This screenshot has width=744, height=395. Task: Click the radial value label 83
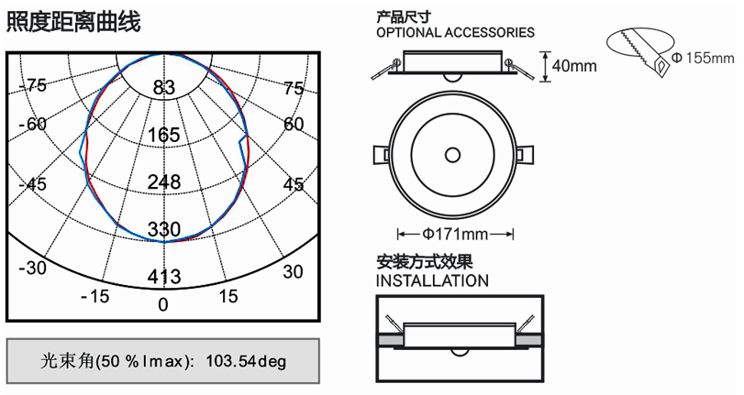tap(164, 88)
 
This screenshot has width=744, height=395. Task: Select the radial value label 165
tap(163, 135)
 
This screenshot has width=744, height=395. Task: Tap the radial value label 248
tap(164, 182)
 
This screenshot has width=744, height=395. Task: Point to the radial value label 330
tap(164, 229)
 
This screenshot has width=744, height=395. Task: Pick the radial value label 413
tap(164, 277)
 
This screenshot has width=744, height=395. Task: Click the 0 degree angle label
tap(163, 304)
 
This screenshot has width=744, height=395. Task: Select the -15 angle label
tap(94, 296)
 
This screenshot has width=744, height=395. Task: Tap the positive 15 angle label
tap(228, 296)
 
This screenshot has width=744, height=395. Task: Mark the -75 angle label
tap(33, 86)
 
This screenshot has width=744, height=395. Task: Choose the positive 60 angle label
tap(294, 125)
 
